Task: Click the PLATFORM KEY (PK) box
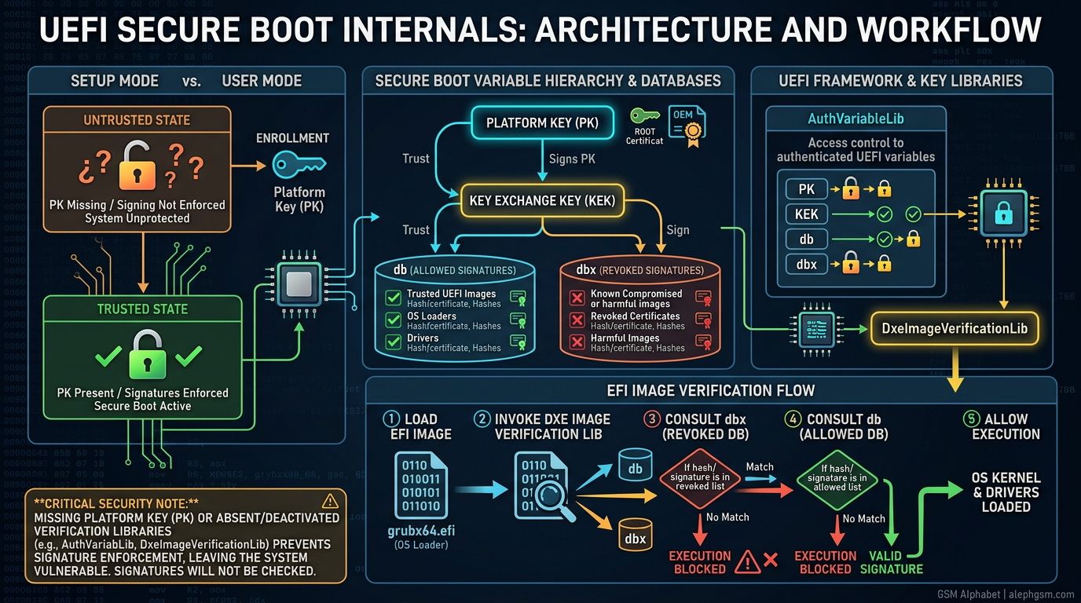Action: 540,123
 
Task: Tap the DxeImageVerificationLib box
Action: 955,327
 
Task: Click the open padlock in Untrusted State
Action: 137,166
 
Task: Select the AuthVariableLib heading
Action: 856,119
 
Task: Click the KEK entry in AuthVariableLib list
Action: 806,214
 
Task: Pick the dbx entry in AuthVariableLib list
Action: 806,265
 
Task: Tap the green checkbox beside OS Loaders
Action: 394,320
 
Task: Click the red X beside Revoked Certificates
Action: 577,320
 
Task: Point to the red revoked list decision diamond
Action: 695,477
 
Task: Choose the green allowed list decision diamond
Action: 837,477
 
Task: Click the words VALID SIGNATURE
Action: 891,562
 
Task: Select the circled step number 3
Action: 652,419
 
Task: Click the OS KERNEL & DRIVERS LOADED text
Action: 1006,492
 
